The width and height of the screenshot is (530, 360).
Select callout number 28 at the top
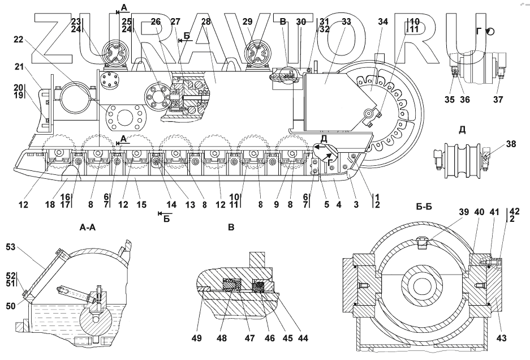[205, 22]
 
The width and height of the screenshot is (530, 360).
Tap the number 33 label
[346, 22]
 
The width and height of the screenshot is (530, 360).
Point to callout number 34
[383, 22]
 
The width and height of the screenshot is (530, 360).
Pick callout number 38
[511, 144]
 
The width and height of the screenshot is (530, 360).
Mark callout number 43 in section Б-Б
[502, 338]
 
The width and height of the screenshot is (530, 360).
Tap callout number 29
[247, 22]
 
